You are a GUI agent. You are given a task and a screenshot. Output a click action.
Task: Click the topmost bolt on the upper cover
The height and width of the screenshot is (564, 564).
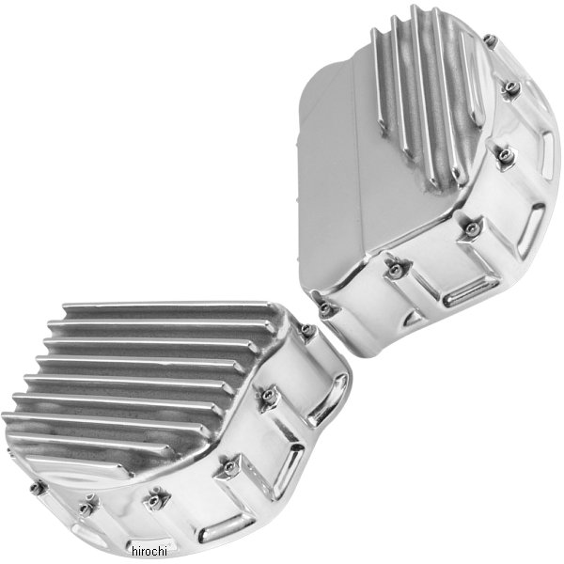tap(490, 39)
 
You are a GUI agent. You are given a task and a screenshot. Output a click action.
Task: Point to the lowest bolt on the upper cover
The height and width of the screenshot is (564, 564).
tap(326, 306)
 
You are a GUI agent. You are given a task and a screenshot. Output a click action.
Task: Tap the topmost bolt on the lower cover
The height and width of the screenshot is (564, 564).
tap(307, 331)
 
